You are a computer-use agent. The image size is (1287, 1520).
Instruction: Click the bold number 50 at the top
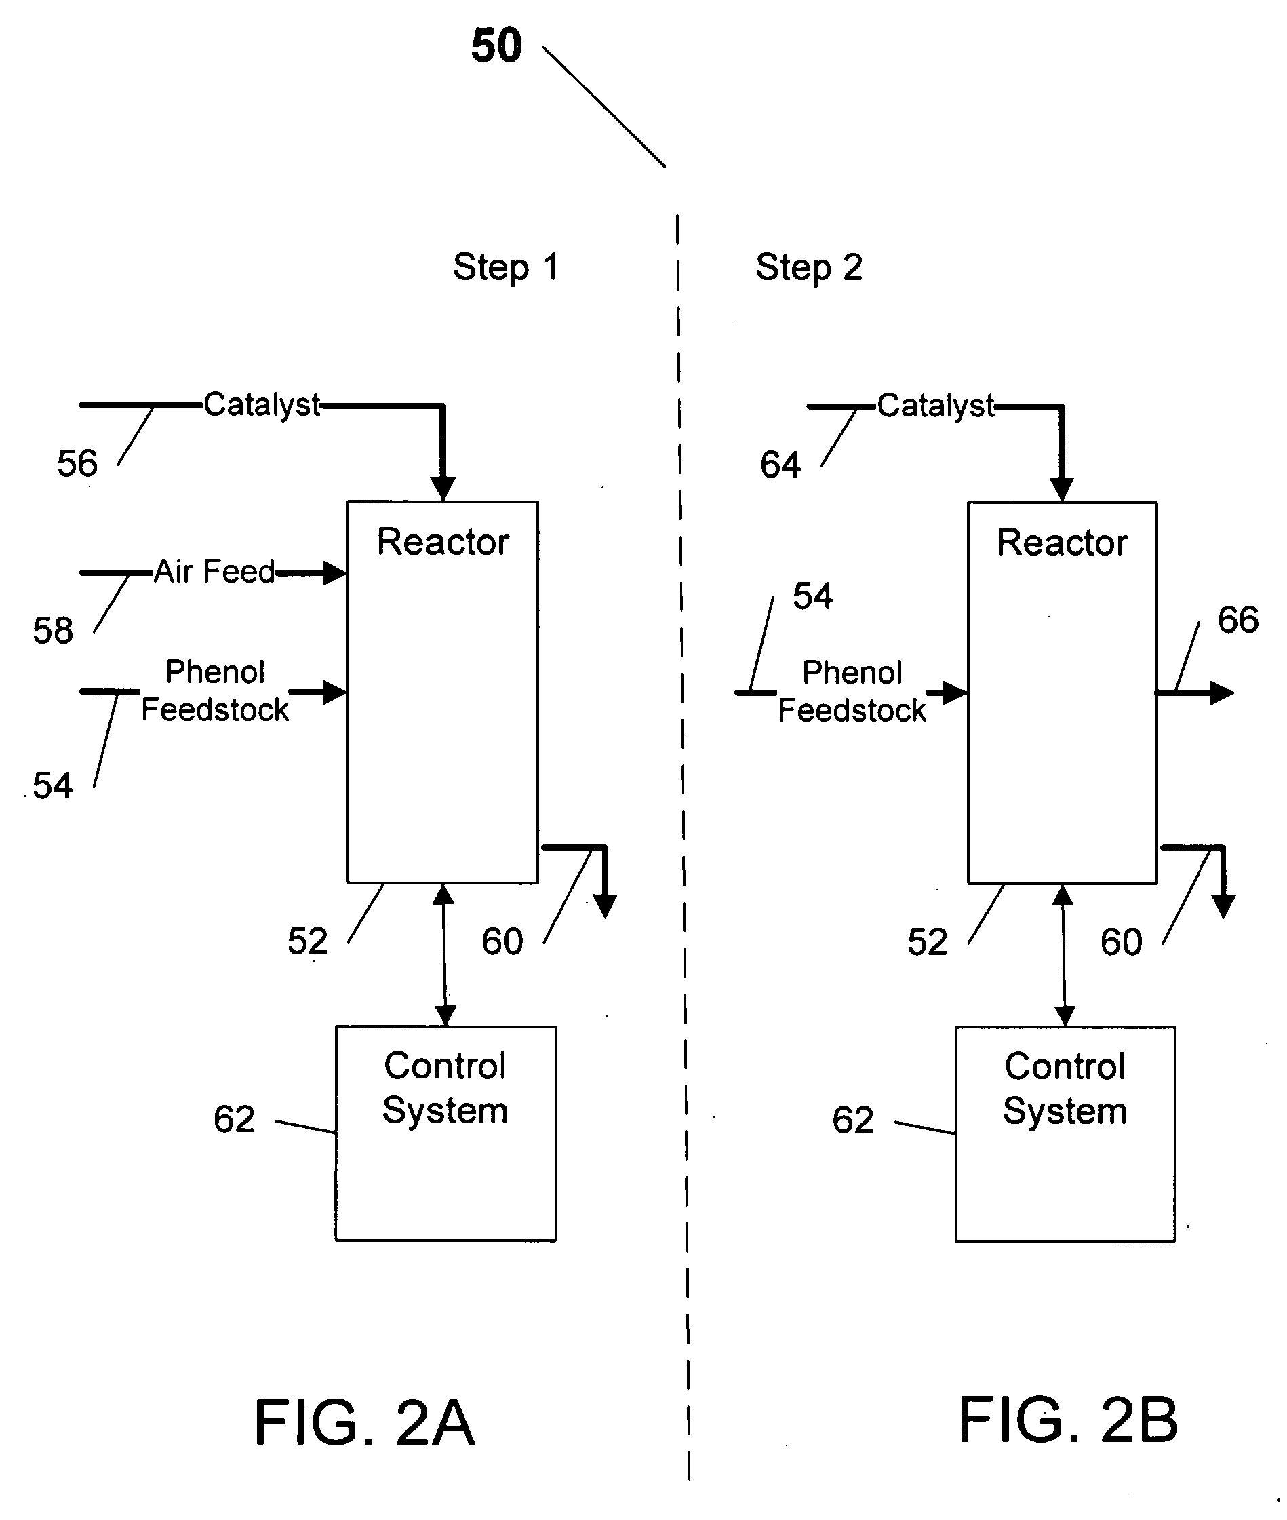coord(497,46)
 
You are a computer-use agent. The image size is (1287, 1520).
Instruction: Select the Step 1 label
coord(506,267)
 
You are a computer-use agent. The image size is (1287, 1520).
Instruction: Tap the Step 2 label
coord(808,267)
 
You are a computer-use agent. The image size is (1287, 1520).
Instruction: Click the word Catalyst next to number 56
coord(261,405)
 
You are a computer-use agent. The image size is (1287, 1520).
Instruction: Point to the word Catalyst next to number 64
coord(935,406)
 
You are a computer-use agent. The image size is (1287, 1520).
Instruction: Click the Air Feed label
coord(214,571)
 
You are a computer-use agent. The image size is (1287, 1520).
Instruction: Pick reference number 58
coord(52,631)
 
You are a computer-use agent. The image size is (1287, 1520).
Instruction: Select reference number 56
coord(77,463)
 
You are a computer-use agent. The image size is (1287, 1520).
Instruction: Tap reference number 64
coord(780,465)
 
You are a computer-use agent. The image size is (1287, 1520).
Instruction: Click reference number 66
coord(1238,620)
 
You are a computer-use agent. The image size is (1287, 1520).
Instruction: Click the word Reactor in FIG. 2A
coord(443,542)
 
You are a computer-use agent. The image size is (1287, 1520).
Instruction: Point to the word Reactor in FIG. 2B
coord(1063,543)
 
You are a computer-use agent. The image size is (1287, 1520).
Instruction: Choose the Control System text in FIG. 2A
coord(445,1088)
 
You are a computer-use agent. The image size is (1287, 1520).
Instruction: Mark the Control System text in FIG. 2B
coord(1065,1089)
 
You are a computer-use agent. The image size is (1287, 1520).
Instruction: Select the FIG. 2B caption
coord(1068,1420)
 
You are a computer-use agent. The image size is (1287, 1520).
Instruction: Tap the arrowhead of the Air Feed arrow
coord(335,573)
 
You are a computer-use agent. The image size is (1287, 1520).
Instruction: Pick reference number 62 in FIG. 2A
coord(234,1118)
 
